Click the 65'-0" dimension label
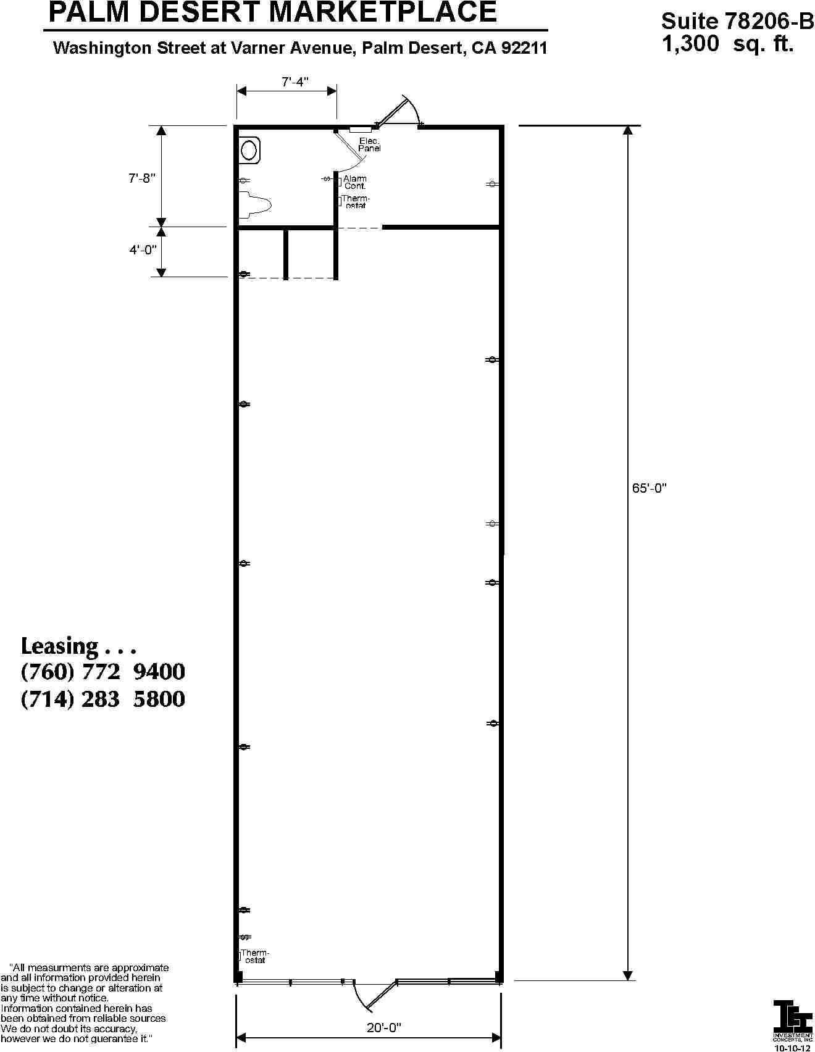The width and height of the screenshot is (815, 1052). pyautogui.click(x=649, y=488)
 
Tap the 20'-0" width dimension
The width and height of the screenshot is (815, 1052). pyautogui.click(x=383, y=1027)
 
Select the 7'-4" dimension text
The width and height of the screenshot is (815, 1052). pyautogui.click(x=295, y=82)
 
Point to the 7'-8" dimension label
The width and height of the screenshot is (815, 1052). pyautogui.click(x=141, y=178)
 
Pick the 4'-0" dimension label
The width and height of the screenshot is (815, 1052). pyautogui.click(x=143, y=250)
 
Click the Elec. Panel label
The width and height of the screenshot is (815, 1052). pyautogui.click(x=369, y=145)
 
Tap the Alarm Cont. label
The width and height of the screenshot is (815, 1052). pyautogui.click(x=355, y=182)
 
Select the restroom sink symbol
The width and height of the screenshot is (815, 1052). pyautogui.click(x=249, y=150)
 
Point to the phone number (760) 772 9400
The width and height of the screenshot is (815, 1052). pyautogui.click(x=103, y=672)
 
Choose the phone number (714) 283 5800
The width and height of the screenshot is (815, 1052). pyautogui.click(x=103, y=699)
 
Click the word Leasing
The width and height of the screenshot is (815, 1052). pyautogui.click(x=59, y=646)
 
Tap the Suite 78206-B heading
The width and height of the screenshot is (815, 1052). pyautogui.click(x=737, y=22)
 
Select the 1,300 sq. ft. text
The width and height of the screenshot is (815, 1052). pyautogui.click(x=727, y=44)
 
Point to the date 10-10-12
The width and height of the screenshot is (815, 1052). pyautogui.click(x=793, y=1048)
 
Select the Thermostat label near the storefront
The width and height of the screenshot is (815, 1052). pyautogui.click(x=255, y=956)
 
